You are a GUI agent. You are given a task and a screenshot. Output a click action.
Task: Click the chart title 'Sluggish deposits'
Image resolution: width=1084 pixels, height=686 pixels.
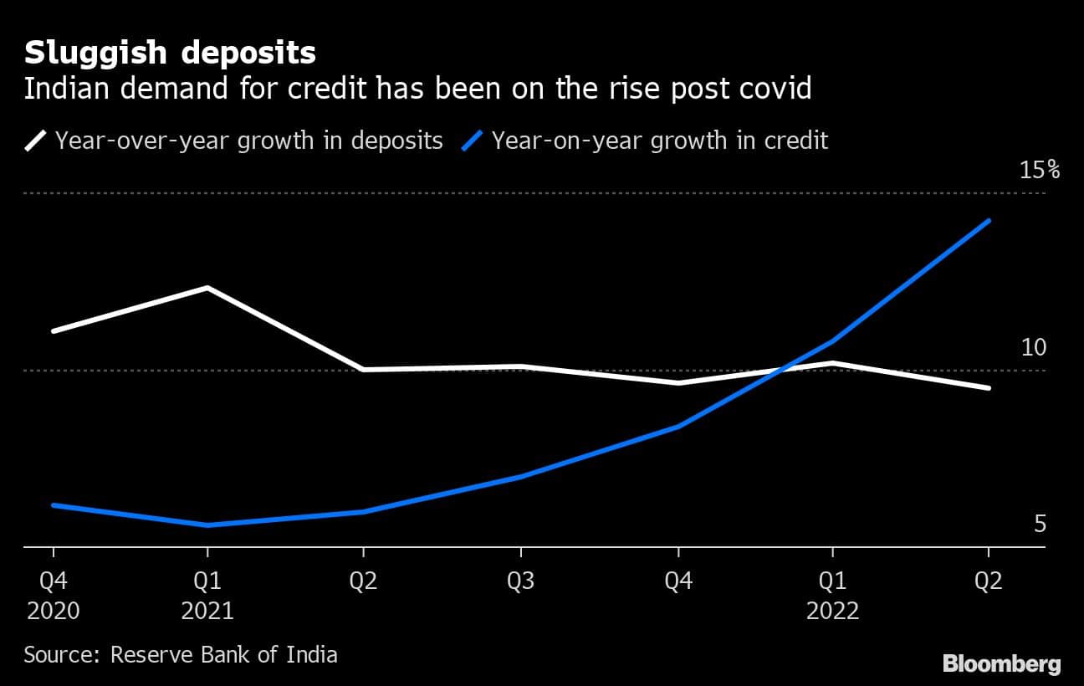(x=170, y=54)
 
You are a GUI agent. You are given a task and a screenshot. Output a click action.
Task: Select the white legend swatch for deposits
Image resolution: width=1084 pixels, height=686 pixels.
(x=36, y=140)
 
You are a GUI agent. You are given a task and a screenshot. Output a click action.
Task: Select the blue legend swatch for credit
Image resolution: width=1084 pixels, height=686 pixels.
(x=473, y=140)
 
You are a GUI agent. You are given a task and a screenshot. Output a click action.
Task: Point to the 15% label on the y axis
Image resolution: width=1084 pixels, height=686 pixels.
(x=1040, y=171)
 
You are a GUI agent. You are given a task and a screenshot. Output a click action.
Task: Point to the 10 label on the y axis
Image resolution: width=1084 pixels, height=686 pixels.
(x=1034, y=347)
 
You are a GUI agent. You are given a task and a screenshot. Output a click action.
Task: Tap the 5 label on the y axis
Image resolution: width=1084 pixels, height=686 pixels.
(x=1040, y=525)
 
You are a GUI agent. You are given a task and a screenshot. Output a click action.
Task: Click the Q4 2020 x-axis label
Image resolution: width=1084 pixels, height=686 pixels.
(x=53, y=595)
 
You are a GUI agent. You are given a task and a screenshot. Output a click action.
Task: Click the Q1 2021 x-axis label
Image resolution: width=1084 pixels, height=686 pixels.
(x=207, y=595)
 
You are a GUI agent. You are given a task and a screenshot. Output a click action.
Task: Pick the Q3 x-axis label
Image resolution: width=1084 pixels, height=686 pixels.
(x=520, y=581)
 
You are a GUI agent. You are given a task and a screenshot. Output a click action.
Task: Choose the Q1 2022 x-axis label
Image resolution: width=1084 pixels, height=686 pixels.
(x=832, y=595)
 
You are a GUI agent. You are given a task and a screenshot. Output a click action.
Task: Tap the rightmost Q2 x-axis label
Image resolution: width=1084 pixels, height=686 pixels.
(x=989, y=581)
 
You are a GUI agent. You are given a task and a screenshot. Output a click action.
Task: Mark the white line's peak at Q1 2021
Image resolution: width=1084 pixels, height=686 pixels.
(x=207, y=288)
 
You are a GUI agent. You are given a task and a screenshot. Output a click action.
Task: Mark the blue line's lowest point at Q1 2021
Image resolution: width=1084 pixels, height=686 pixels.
(x=207, y=525)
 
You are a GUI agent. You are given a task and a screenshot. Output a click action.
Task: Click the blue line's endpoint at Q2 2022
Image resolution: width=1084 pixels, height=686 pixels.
(x=989, y=221)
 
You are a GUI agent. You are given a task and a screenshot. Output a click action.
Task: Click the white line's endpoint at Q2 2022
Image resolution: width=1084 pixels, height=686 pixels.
(x=989, y=388)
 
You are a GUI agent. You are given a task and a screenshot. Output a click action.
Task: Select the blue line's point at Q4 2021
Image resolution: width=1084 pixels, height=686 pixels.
(x=677, y=427)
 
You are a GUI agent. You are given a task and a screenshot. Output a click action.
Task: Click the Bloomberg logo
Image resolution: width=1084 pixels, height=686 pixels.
(x=1001, y=664)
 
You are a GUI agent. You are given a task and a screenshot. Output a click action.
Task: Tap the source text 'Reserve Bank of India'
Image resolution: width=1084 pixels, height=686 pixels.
(x=224, y=653)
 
